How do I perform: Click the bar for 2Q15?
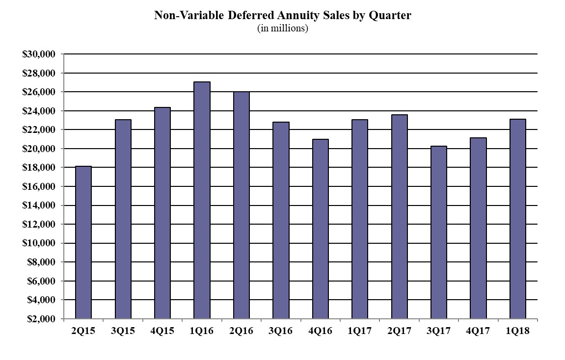tap(83, 243)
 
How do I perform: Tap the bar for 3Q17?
tap(438, 232)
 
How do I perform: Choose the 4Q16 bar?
tap(320, 229)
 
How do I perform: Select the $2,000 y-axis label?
tap(41, 319)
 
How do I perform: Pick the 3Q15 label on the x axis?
tap(123, 331)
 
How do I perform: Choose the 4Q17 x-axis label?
tap(478, 331)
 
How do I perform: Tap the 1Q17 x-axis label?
tap(359, 331)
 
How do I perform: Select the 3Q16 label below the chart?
tap(280, 331)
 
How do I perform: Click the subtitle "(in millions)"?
tap(282, 28)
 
